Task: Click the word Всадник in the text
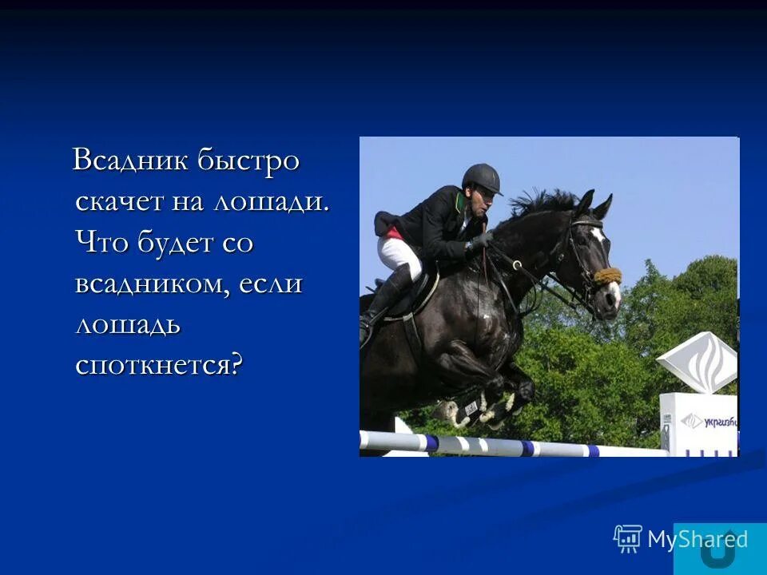coord(131,161)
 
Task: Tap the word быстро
coord(248,161)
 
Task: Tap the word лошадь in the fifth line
coord(128,325)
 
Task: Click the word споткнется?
coord(158,366)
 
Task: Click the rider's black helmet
coord(481,178)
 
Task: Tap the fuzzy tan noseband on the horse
coord(607,276)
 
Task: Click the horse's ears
coord(594,203)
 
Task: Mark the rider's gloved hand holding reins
coord(479,241)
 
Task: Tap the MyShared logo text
coord(697,540)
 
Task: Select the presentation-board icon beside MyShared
coord(628,539)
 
